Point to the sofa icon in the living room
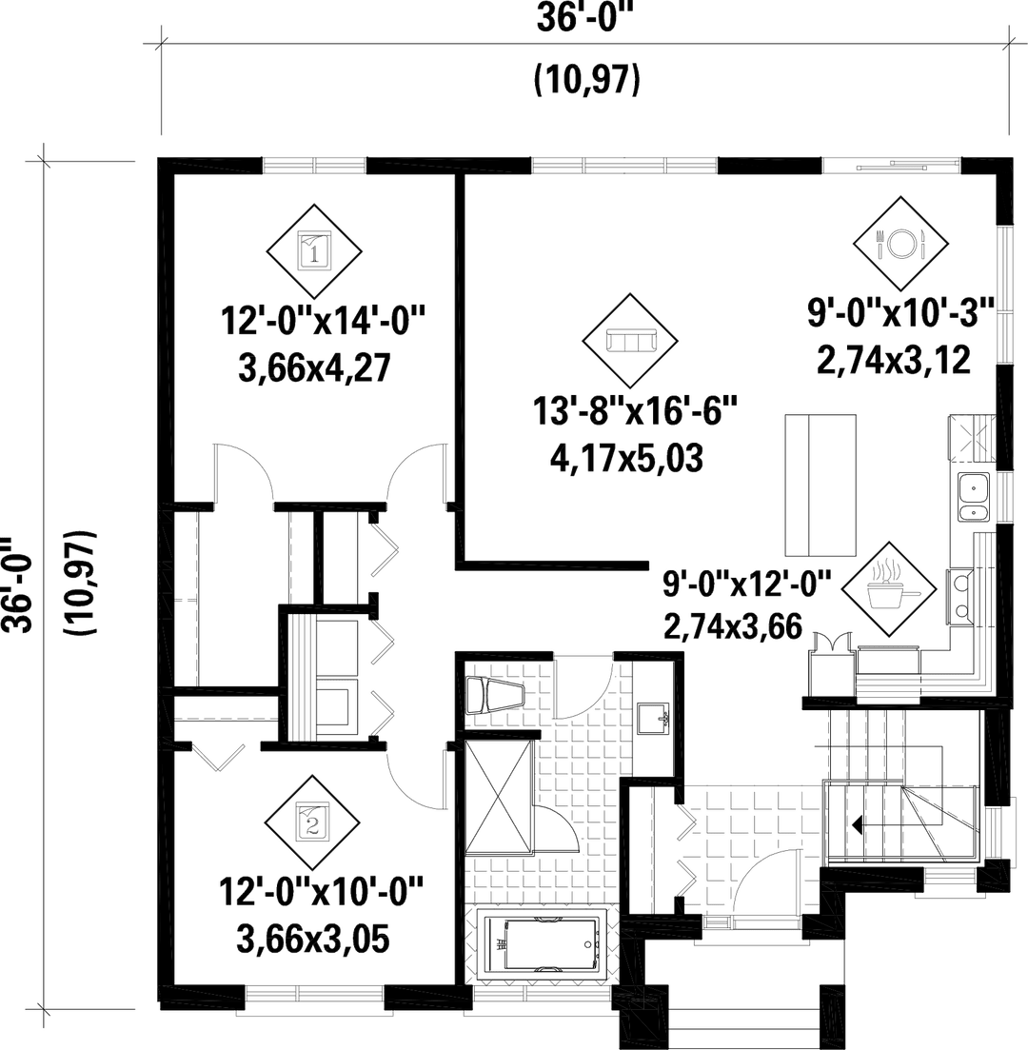(632, 339)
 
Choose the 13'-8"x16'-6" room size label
(637, 415)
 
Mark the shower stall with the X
(497, 798)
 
